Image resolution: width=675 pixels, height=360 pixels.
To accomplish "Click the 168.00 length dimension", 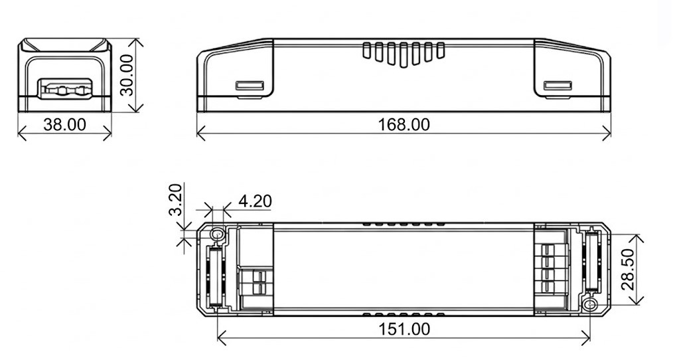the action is pyautogui.click(x=404, y=125).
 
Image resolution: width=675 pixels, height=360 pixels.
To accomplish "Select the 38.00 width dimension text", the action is pyautogui.click(x=64, y=125).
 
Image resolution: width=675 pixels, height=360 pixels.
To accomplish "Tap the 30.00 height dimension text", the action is pyautogui.click(x=127, y=75).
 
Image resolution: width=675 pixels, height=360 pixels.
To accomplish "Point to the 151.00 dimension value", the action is pyautogui.click(x=404, y=329).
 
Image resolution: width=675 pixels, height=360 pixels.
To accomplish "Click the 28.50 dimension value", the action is pyautogui.click(x=629, y=270).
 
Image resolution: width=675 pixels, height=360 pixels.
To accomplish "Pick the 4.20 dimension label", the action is pyautogui.click(x=255, y=201).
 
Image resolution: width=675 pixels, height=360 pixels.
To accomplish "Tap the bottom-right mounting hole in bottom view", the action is pyautogui.click(x=590, y=306).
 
